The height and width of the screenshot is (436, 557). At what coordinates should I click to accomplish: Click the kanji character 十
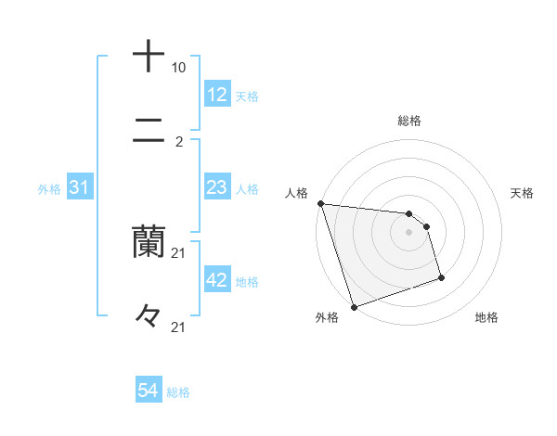click(x=149, y=56)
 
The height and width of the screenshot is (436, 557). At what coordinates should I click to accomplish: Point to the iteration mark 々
click(x=149, y=316)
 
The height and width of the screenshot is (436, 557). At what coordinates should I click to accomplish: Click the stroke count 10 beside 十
click(x=178, y=68)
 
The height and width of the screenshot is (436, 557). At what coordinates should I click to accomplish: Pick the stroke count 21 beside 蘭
click(x=178, y=253)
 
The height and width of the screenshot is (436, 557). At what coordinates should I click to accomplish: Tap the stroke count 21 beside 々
click(x=178, y=327)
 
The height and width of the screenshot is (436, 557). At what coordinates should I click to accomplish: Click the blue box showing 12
click(x=216, y=95)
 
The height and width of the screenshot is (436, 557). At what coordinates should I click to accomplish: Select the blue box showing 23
click(x=216, y=187)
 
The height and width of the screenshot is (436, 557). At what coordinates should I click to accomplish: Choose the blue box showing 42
click(x=216, y=280)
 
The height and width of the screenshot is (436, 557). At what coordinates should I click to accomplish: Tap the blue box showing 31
click(x=79, y=187)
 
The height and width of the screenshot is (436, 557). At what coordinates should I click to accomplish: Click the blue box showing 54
click(x=148, y=391)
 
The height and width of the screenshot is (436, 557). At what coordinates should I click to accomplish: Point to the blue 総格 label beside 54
click(x=178, y=392)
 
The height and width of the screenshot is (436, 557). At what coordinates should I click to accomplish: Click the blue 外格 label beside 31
click(x=49, y=188)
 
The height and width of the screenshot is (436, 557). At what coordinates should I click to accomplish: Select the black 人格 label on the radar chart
click(x=296, y=193)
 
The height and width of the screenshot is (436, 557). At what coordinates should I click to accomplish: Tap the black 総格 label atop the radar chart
click(x=409, y=121)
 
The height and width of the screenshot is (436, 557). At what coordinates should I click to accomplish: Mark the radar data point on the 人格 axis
click(x=320, y=203)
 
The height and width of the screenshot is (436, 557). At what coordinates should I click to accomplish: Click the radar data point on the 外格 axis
click(x=353, y=306)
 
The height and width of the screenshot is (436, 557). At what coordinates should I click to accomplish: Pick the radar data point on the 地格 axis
click(x=441, y=277)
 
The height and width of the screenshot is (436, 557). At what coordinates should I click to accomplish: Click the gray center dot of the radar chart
click(x=409, y=232)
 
